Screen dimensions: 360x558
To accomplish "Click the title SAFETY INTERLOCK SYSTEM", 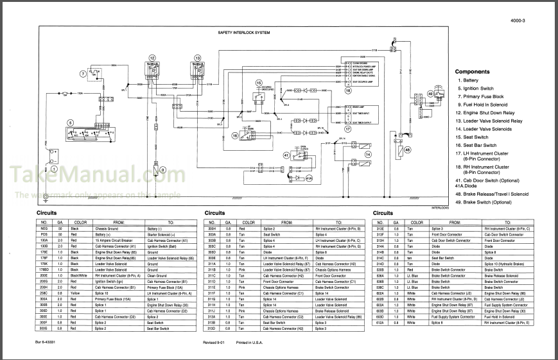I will [244, 31].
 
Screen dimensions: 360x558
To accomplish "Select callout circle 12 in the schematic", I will [152, 58].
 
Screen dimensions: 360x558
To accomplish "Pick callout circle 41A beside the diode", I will [308, 178].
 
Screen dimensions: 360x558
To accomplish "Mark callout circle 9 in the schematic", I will [163, 169].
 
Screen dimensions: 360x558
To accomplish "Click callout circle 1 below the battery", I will [55, 169].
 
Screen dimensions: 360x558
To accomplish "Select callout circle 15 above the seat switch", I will [259, 83].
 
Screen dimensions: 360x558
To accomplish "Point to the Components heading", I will [472, 72].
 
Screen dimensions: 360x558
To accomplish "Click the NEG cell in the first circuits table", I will [45, 228].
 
